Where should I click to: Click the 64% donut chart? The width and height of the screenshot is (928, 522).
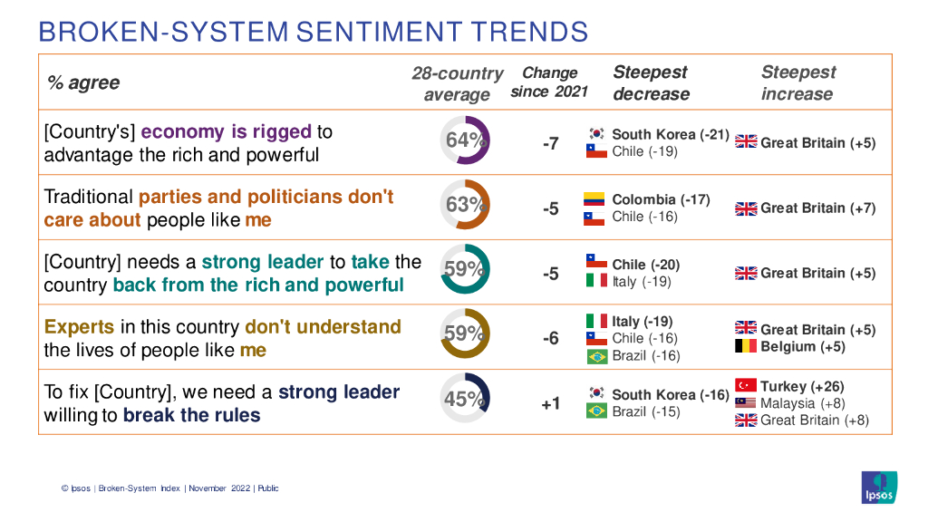(x=465, y=140)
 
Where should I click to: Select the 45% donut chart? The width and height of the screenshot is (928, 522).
(x=465, y=399)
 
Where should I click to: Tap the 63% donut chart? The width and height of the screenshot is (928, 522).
(x=465, y=205)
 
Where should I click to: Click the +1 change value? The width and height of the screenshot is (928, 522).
(x=550, y=403)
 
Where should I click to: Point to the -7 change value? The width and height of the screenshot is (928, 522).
(x=550, y=143)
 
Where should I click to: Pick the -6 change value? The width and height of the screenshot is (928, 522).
(x=550, y=338)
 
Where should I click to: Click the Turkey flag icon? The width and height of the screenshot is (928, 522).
(x=746, y=386)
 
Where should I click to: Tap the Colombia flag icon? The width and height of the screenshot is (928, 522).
(x=594, y=199)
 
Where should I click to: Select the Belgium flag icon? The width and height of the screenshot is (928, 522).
(x=746, y=346)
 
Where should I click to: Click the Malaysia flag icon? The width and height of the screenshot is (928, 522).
(x=746, y=403)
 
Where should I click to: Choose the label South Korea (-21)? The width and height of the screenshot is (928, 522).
(x=671, y=134)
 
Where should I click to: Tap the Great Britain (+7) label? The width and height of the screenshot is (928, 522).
(x=817, y=208)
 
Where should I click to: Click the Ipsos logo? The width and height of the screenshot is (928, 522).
(x=879, y=486)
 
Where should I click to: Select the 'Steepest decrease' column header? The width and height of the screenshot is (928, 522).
(x=651, y=82)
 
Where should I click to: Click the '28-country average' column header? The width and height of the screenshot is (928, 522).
(x=457, y=83)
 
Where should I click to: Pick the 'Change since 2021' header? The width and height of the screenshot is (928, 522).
(x=549, y=82)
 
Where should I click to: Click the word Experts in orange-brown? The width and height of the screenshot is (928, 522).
(x=80, y=327)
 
